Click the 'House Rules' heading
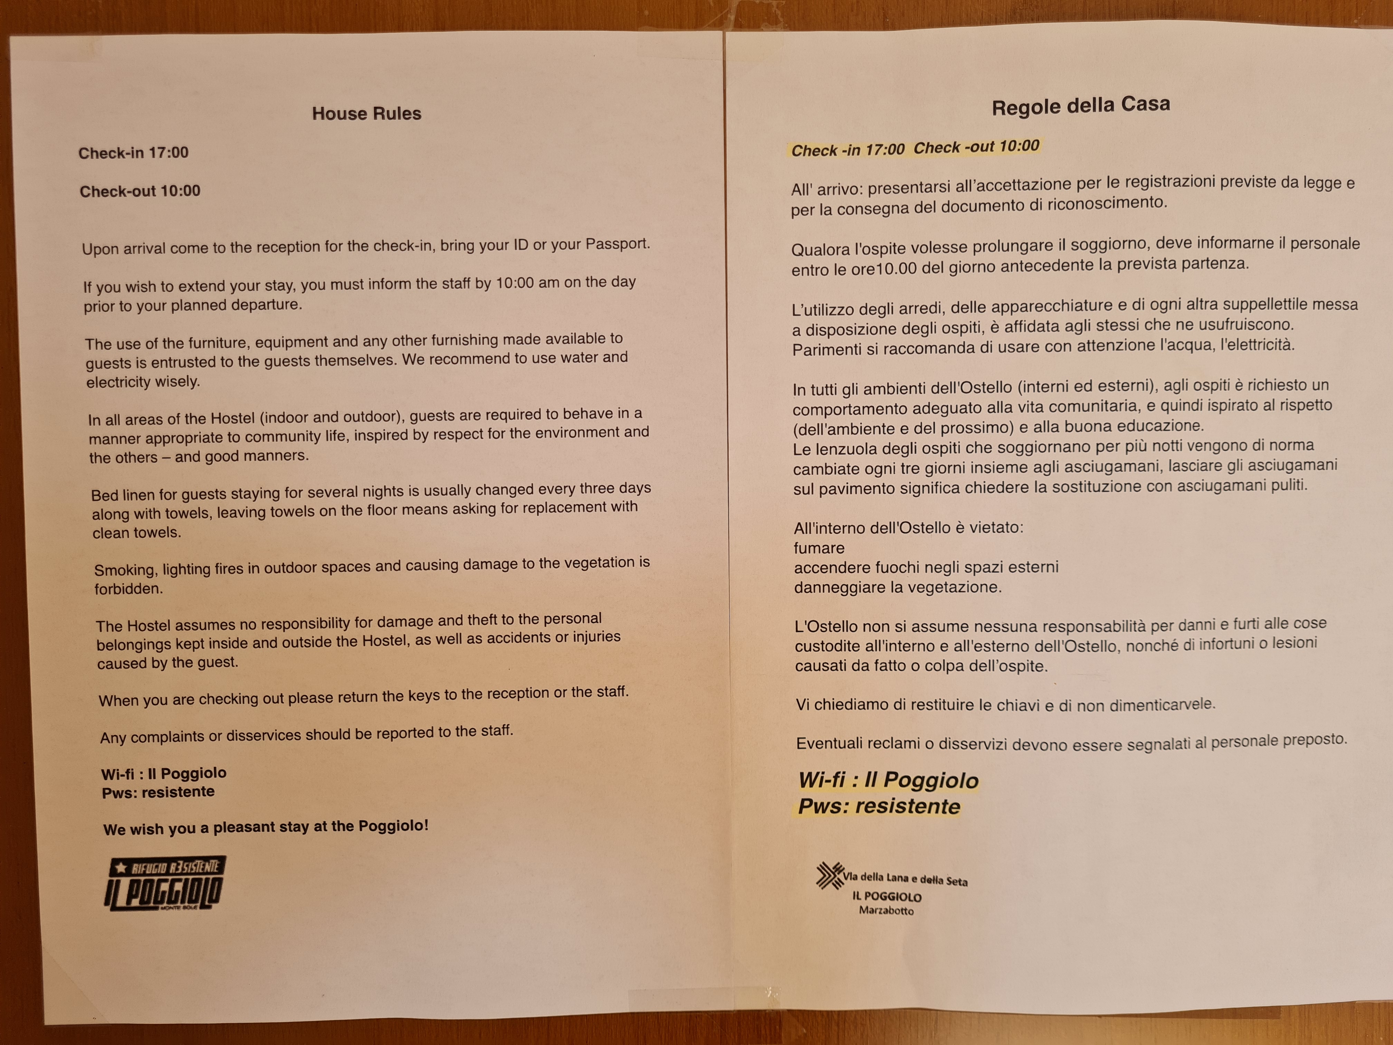(x=367, y=113)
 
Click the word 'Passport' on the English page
(x=617, y=244)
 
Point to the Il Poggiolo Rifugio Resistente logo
(x=164, y=883)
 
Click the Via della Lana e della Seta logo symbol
(x=830, y=875)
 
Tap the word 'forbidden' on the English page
(x=129, y=589)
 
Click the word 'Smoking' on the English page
(x=125, y=570)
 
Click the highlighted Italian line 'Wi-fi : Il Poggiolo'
(x=888, y=780)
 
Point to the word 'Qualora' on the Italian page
(x=820, y=250)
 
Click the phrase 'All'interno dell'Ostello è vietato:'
(x=908, y=528)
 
